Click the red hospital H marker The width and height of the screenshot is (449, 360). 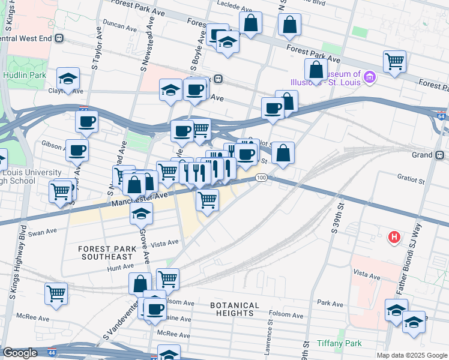(x=394, y=237)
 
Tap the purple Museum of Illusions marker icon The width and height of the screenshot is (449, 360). (x=370, y=77)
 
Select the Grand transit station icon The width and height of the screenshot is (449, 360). (x=440, y=155)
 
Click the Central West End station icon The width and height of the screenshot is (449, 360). (x=59, y=38)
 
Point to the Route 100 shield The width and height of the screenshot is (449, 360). (x=261, y=178)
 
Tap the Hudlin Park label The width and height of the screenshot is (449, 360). (x=24, y=75)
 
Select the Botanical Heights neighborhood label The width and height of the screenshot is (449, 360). (x=235, y=309)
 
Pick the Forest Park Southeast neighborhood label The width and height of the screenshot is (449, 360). (x=105, y=253)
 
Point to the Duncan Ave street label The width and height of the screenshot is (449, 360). (x=120, y=26)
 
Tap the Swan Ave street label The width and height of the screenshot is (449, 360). (x=42, y=232)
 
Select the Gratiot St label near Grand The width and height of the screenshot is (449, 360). (x=411, y=179)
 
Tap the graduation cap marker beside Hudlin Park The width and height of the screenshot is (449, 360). (x=68, y=78)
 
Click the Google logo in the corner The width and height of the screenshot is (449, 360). (x=20, y=353)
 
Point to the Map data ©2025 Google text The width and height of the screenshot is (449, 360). (x=412, y=355)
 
